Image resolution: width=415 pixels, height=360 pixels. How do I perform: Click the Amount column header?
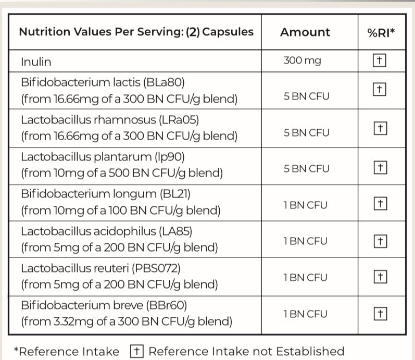[305, 32]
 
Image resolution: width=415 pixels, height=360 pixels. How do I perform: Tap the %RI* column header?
[381, 32]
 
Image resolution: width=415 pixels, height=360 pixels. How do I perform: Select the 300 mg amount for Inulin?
[302, 60]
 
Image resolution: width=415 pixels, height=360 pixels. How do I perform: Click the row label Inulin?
[36, 61]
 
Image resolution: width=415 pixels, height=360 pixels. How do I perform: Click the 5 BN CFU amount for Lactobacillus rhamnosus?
[306, 132]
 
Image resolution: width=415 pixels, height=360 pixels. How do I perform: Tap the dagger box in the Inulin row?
[380, 60]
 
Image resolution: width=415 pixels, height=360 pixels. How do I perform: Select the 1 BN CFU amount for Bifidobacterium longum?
[306, 205]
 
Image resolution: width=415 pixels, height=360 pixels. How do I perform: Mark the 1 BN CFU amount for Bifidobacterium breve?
[306, 314]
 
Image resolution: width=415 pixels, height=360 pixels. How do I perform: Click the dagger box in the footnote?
[137, 351]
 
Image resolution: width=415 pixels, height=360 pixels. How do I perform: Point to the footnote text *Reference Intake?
[66, 352]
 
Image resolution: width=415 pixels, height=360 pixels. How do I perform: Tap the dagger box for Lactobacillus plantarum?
[380, 168]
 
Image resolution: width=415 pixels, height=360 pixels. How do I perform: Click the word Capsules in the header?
[228, 32]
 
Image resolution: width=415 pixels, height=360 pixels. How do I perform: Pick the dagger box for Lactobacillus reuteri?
[380, 277]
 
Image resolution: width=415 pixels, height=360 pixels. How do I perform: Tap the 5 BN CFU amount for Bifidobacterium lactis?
[306, 96]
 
